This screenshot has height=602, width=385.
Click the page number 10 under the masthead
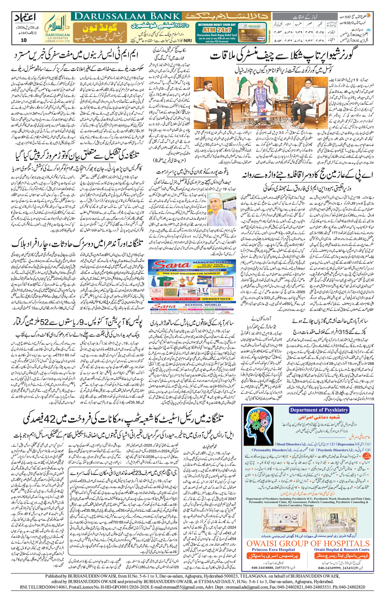[x=24, y=40]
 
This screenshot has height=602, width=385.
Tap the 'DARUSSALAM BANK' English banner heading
[x=126, y=17]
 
